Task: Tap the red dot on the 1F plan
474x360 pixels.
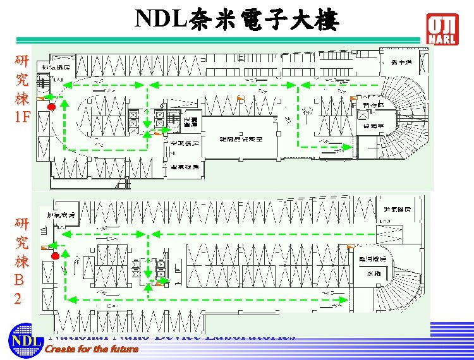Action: (x=52, y=107)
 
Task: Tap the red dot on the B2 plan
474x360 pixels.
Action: (x=56, y=256)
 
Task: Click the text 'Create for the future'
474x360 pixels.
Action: (x=92, y=349)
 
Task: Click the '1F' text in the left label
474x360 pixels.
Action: (x=22, y=117)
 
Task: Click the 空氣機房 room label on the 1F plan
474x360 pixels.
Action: (x=185, y=144)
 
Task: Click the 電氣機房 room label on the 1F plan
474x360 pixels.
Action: (x=185, y=167)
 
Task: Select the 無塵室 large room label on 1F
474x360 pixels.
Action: (x=241, y=138)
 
